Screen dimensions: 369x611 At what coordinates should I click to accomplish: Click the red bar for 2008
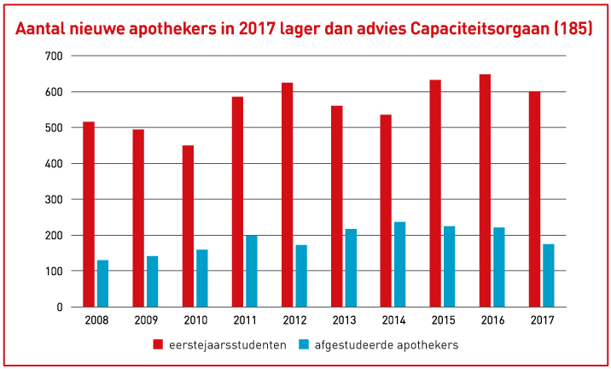pyautogui.click(x=89, y=214)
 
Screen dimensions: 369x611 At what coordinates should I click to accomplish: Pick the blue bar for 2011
pyautogui.click(x=251, y=271)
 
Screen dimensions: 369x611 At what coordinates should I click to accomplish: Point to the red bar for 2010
pyautogui.click(x=188, y=226)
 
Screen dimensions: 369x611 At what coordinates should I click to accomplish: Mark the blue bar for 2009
pyautogui.click(x=152, y=281)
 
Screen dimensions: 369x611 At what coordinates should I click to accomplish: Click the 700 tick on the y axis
pyautogui.click(x=54, y=56)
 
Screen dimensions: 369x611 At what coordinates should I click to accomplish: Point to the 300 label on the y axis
pyautogui.click(x=54, y=200)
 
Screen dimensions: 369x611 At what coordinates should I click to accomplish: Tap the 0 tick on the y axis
pyautogui.click(x=59, y=307)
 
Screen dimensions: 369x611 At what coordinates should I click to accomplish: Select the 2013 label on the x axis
pyautogui.click(x=343, y=320)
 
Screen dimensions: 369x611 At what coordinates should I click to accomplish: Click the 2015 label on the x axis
pyautogui.click(x=442, y=320)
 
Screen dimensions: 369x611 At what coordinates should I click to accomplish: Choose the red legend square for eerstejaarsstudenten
pyautogui.click(x=157, y=344)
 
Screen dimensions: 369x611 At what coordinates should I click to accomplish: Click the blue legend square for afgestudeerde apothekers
pyautogui.click(x=304, y=344)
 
